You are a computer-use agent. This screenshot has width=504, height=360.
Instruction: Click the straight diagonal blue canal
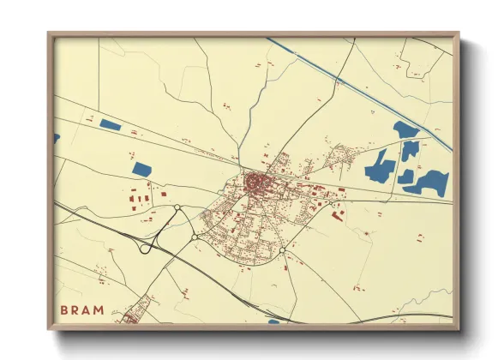tap(360, 90)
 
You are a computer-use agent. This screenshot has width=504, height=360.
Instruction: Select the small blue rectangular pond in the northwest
tap(110, 125)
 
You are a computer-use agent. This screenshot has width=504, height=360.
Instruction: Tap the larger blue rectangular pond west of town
tap(141, 168)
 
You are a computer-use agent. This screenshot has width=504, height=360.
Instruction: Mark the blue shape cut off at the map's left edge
tap(57, 137)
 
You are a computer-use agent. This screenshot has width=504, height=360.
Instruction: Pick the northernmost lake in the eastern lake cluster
tap(405, 130)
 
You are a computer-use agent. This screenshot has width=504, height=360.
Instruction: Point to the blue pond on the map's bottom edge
tap(274, 322)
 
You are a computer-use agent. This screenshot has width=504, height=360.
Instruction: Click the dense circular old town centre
tap(255, 182)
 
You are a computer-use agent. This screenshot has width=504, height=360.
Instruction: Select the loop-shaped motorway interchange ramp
tap(148, 245)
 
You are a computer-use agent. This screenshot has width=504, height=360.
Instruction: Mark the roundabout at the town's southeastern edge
tap(282, 250)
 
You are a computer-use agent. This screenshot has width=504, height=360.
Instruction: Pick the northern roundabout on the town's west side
tap(177, 207)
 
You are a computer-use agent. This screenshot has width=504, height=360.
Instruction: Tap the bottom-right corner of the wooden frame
tap(458, 328)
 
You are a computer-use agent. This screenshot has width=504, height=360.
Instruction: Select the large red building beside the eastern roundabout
tap(337, 215)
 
